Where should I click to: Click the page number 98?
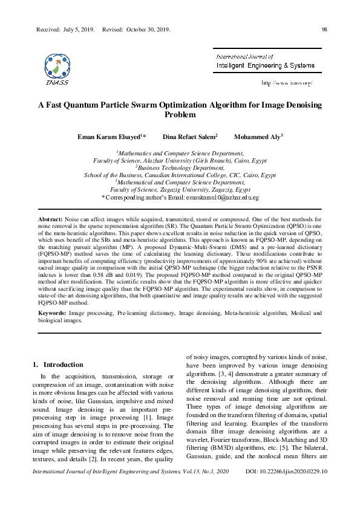324,29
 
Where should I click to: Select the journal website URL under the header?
286,82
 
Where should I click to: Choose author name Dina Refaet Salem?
189,137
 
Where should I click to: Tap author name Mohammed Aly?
257,137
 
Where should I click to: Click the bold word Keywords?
52,313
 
